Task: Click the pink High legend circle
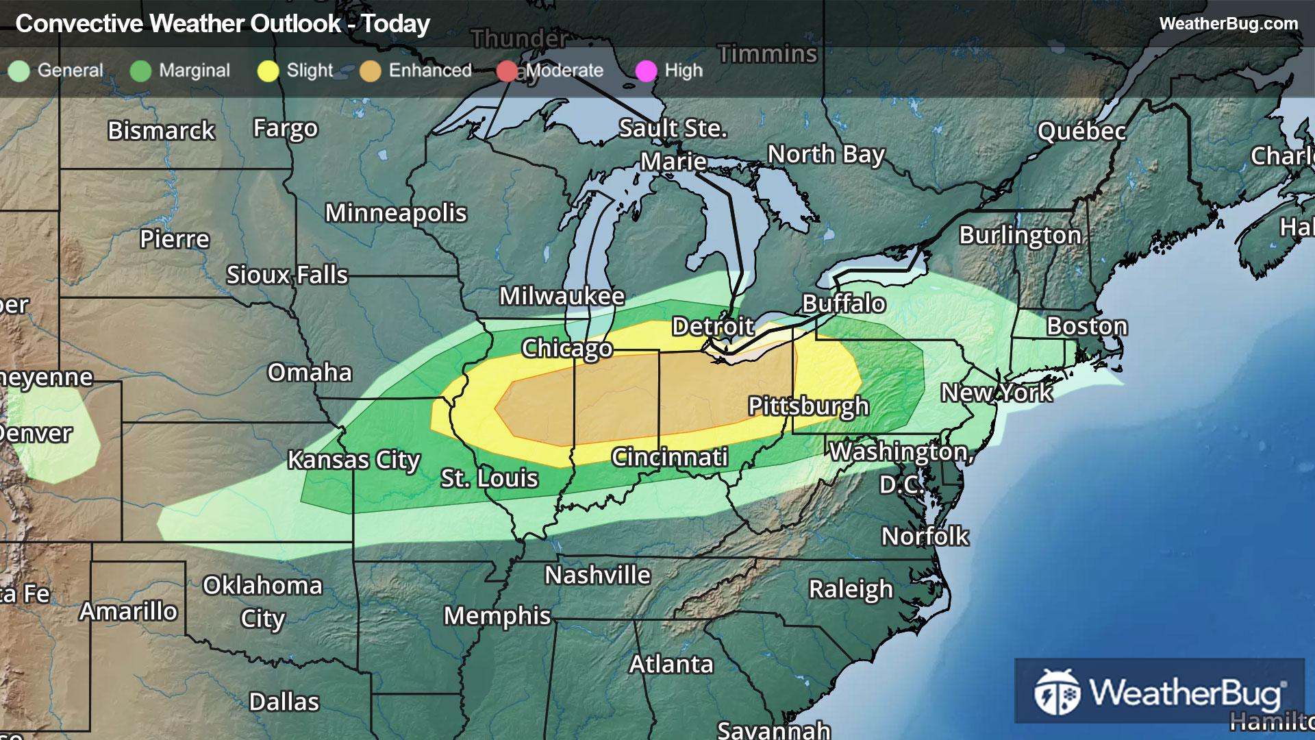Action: [646, 71]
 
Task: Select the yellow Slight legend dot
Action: [268, 71]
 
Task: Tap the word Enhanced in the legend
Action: [430, 71]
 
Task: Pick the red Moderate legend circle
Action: [507, 71]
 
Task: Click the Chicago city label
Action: [566, 348]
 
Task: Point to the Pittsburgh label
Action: [808, 406]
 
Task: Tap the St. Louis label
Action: [489, 478]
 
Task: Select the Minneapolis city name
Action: [395, 213]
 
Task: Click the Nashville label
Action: [597, 575]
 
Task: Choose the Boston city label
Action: [1086, 326]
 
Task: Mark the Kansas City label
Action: [353, 460]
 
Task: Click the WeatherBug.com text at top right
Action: [1228, 23]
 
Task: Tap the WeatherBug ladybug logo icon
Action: [1057, 692]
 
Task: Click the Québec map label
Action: [1081, 131]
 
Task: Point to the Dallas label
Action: [284, 702]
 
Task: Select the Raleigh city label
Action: [851, 589]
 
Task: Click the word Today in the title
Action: [396, 24]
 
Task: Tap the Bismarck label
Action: [161, 130]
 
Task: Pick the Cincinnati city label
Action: [669, 457]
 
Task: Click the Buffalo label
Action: [844, 304]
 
